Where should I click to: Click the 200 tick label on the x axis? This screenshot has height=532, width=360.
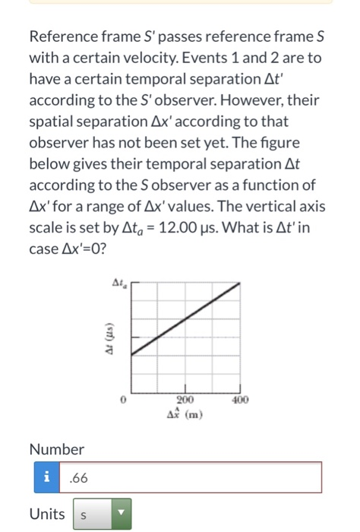click(x=185, y=398)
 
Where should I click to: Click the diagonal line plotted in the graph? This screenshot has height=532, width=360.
click(x=186, y=316)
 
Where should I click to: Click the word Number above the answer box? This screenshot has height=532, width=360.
click(x=57, y=449)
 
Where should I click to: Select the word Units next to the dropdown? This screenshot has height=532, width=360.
click(x=46, y=515)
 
